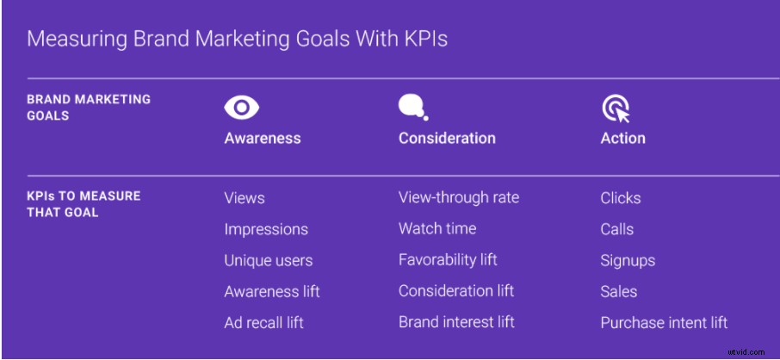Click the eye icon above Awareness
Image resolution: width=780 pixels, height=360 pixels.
(242, 108)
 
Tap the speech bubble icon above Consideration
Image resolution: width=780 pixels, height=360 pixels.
(412, 107)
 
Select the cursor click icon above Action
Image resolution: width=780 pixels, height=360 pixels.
(615, 109)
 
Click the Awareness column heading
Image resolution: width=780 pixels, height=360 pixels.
(263, 138)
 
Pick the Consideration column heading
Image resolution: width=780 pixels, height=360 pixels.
(447, 138)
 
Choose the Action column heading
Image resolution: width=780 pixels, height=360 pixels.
(622, 138)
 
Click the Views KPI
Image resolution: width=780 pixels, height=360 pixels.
(245, 198)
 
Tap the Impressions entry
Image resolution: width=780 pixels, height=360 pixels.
(266, 229)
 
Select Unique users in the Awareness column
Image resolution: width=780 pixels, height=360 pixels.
(269, 260)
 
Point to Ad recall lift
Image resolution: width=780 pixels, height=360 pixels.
(263, 323)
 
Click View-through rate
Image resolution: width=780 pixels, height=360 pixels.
(459, 197)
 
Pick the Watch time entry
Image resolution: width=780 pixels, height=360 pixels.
(437, 228)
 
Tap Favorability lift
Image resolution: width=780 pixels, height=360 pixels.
(448, 259)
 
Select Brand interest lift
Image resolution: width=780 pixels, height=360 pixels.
(456, 322)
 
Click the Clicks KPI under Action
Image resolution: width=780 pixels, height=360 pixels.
(621, 198)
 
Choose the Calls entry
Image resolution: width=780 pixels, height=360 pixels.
(617, 229)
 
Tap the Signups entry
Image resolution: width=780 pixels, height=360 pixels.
(628, 260)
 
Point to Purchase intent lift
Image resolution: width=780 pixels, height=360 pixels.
(664, 323)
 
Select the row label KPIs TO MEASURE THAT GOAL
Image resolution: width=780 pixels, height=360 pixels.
(84, 204)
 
